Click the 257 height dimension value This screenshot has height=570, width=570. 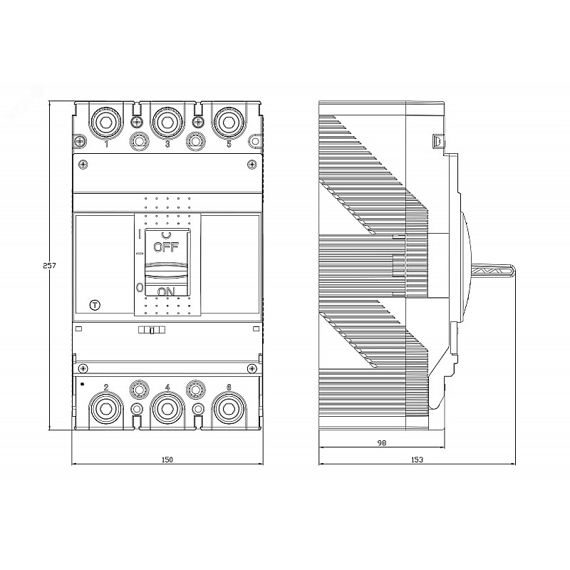pos(49,265)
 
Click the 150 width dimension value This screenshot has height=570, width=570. pos(167,460)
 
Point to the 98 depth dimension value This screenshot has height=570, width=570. pos(382,442)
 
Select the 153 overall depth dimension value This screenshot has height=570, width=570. pos(417,460)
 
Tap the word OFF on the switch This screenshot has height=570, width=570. pos(166,247)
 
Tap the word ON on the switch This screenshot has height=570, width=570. pos(167,291)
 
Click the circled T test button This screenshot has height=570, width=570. pos(95,306)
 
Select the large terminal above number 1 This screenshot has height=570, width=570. pos(105,123)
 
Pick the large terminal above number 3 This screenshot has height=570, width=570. pos(167,123)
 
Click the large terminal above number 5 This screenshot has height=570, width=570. pos(229,123)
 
